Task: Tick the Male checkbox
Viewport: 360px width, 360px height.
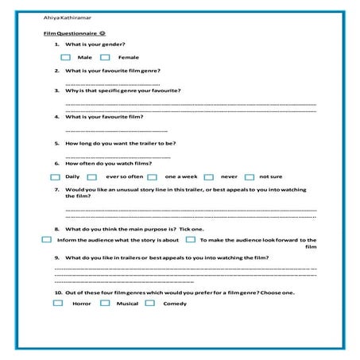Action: [x=64, y=57]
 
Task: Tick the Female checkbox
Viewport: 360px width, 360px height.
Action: [x=106, y=57]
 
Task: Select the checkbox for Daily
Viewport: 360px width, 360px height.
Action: [x=58, y=176]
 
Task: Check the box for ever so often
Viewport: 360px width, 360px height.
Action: [x=92, y=176]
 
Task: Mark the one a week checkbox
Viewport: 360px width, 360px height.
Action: [x=151, y=176]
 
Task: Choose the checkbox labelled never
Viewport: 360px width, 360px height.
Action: [x=208, y=176]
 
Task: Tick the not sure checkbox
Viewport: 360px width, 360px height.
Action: [x=249, y=176]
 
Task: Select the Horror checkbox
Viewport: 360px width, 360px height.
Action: [x=57, y=304]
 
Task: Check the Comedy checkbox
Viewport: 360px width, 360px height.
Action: [x=149, y=304]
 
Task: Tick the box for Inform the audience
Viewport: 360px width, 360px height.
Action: [x=47, y=239]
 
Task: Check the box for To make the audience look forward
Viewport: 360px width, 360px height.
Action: [x=190, y=239]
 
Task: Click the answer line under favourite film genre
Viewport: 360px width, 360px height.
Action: [x=111, y=83]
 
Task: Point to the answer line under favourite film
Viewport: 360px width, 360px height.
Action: [x=115, y=130]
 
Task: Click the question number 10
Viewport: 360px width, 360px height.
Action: [x=58, y=292]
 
